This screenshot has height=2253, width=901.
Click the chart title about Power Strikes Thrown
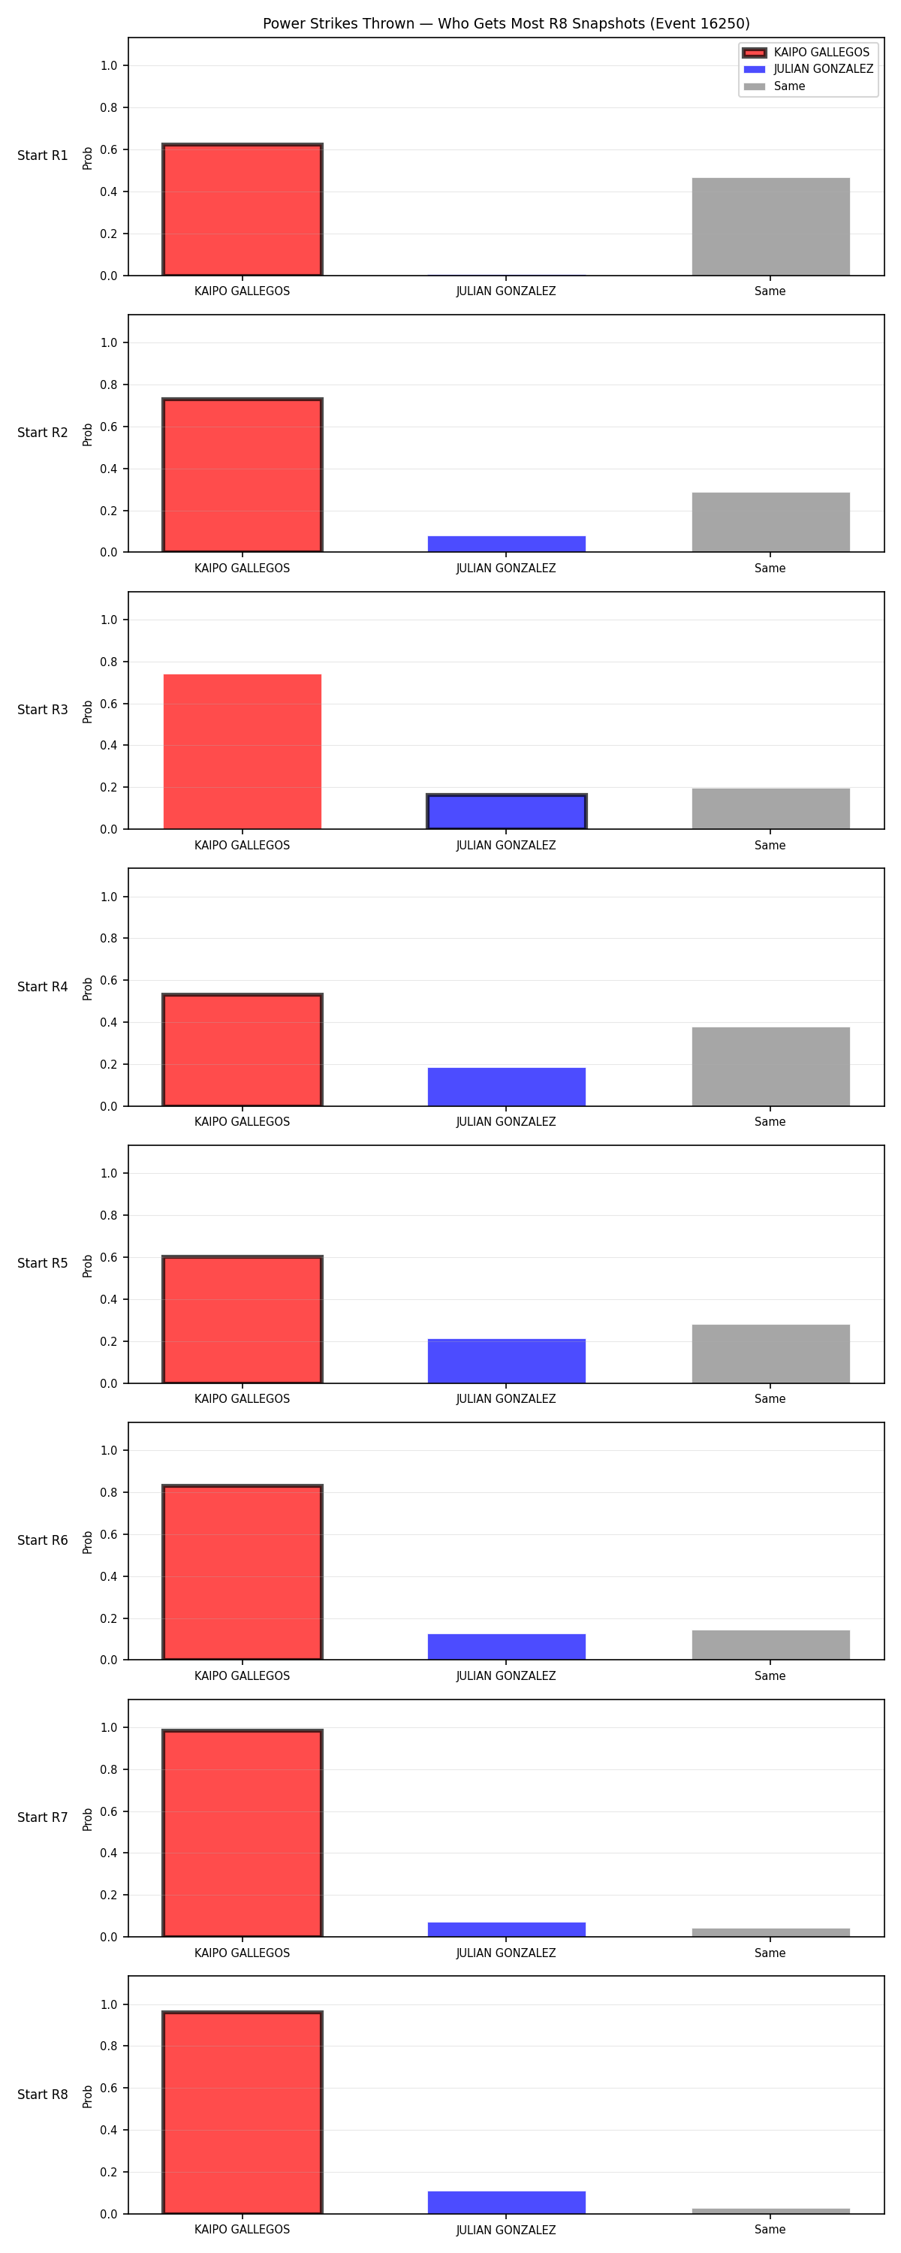[507, 23]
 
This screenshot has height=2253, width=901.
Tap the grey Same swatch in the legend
[754, 86]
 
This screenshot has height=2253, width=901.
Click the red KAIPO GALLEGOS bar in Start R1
[243, 210]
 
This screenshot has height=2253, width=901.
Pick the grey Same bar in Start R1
[770, 227]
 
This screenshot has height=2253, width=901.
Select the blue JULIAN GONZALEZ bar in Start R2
[507, 544]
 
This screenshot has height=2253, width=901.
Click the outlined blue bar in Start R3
[507, 812]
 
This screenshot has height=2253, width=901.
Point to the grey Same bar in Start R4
[770, 1067]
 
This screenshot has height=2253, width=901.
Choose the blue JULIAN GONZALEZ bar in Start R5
[507, 1361]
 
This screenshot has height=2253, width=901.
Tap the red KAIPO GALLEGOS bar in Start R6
[243, 1573]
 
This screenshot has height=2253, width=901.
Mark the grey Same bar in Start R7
[770, 1933]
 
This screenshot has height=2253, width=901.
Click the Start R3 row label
[43, 710]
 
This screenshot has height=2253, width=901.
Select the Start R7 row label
[43, 1817]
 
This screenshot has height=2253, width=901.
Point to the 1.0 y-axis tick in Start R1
[108, 65]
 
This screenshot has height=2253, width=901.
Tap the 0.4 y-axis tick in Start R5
[108, 1300]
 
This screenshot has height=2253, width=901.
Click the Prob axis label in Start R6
[88, 1542]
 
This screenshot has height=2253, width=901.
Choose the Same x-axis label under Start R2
[770, 569]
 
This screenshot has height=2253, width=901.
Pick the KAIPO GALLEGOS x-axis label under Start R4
[243, 1122]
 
